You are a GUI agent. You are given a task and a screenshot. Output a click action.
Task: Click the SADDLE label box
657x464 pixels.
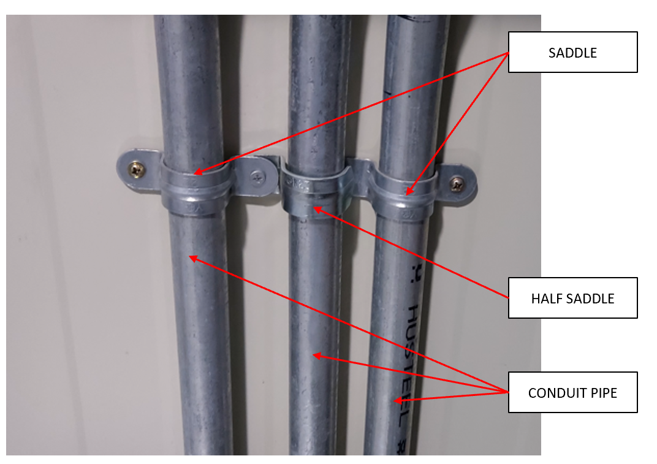[572, 53]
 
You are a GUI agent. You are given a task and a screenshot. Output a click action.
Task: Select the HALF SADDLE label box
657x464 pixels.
[572, 299]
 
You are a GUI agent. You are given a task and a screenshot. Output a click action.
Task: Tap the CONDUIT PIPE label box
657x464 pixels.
[572, 392]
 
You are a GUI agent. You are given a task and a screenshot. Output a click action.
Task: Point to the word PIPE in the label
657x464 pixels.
[603, 392]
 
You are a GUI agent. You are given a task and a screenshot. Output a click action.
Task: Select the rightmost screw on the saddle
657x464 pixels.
[457, 182]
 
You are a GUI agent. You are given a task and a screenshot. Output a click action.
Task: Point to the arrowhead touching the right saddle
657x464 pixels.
[408, 192]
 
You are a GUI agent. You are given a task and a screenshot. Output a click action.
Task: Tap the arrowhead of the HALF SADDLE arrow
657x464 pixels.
[316, 210]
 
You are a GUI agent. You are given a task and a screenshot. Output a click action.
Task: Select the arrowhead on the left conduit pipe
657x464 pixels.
[192, 257]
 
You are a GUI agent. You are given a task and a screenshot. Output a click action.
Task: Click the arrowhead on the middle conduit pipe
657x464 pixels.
[315, 355]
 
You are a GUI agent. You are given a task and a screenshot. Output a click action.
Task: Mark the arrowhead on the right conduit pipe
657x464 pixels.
[397, 401]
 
